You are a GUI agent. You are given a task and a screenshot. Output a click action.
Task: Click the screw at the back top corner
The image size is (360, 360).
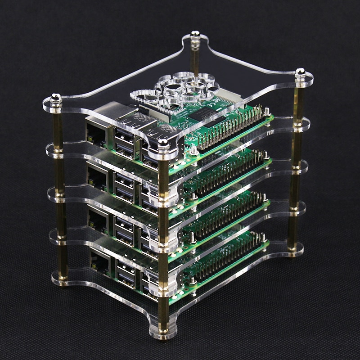click(x=195, y=35)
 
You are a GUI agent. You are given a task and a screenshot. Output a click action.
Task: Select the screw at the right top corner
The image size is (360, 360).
click(x=300, y=72)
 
